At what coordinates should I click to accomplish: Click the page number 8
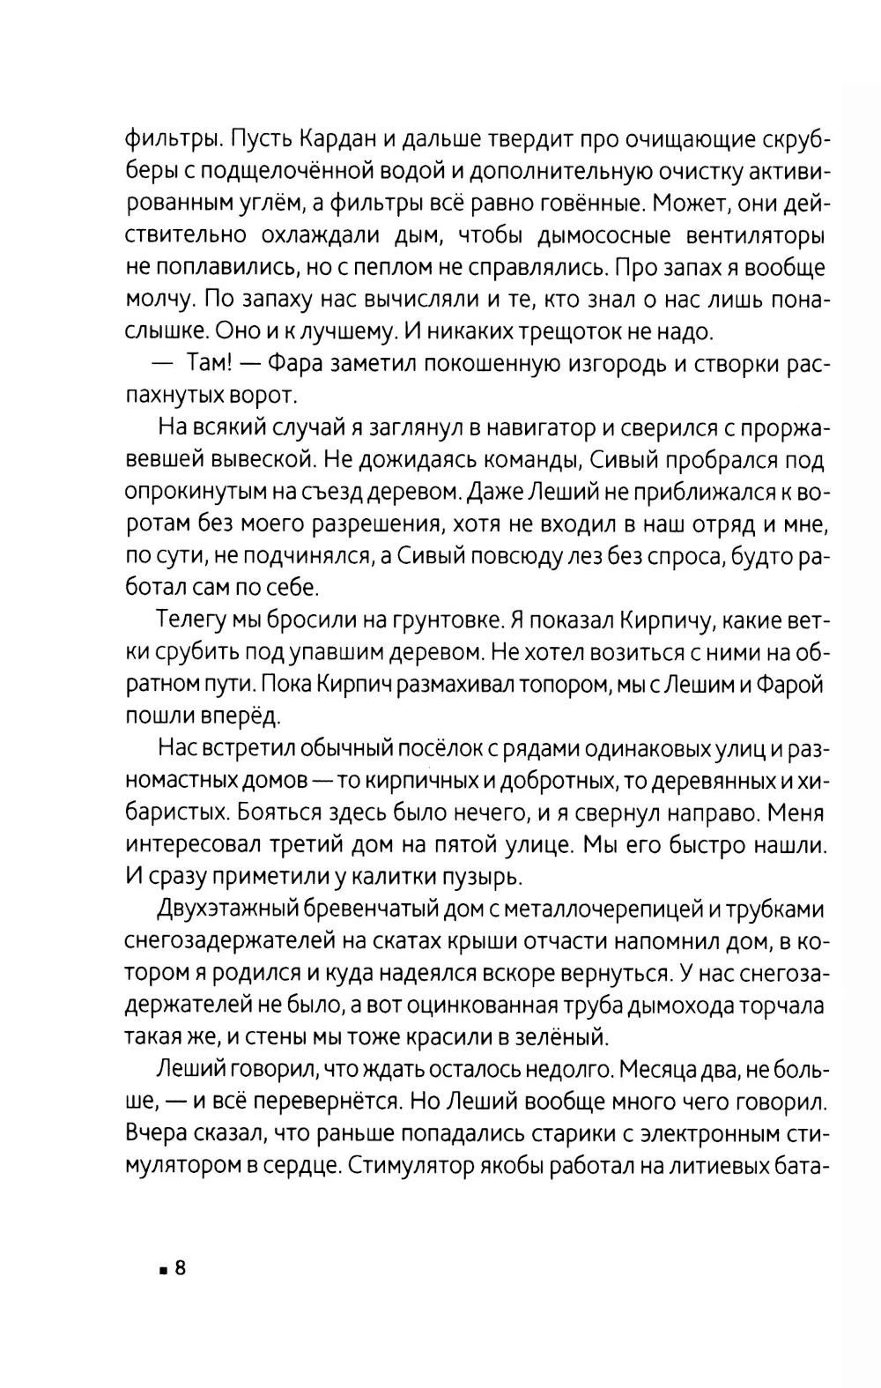pyautogui.click(x=181, y=1268)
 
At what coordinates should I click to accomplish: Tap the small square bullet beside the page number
pyautogui.click(x=164, y=1271)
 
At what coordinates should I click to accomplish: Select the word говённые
pyautogui.click(x=560, y=204)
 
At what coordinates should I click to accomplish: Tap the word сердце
pyautogui.click(x=295, y=1165)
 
